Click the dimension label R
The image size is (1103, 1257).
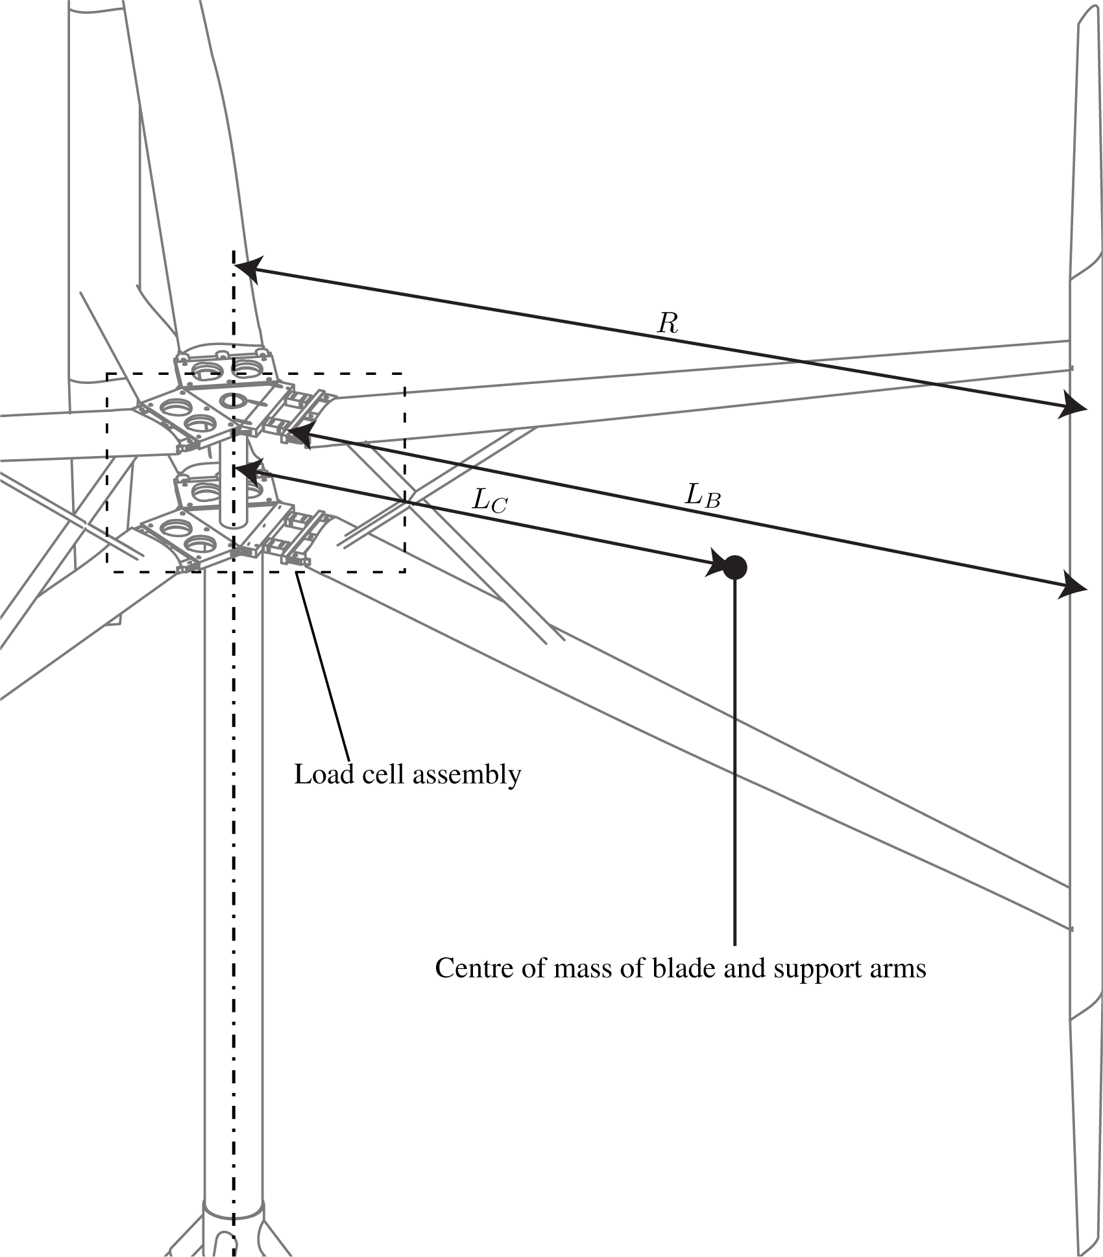click(668, 323)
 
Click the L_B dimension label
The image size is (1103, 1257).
click(703, 497)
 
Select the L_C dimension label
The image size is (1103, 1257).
click(489, 500)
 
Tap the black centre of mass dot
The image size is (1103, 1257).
click(734, 568)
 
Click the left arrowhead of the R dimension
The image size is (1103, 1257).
click(247, 269)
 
